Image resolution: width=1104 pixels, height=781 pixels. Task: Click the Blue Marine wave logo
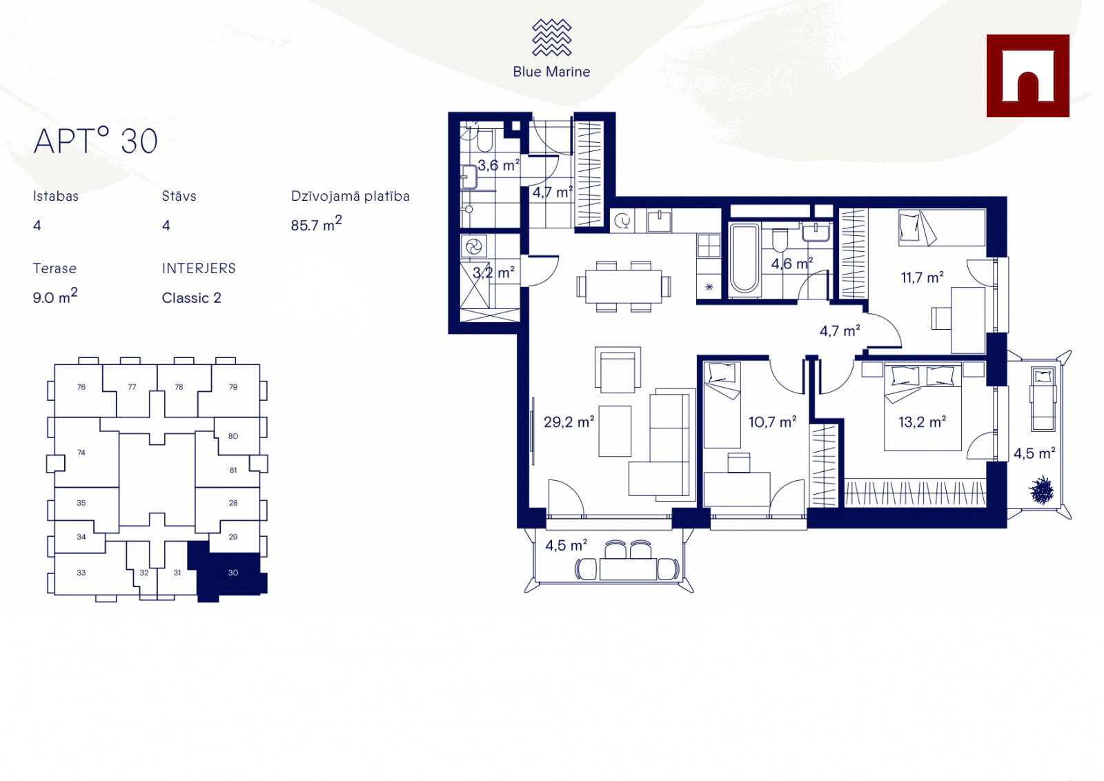point(551,37)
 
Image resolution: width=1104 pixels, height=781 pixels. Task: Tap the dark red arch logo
point(1027,76)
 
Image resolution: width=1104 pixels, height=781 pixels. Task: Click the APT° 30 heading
point(96,141)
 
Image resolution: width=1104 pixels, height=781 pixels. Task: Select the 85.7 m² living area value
point(316,224)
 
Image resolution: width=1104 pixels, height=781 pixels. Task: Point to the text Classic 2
point(191,298)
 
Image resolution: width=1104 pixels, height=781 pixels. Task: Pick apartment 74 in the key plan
point(81,453)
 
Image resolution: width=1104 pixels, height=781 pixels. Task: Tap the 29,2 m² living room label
point(569,422)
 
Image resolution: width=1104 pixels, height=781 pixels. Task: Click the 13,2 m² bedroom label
point(922,422)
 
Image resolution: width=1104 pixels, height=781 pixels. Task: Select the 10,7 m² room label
point(772,422)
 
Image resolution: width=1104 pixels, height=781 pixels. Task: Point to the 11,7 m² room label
point(922,277)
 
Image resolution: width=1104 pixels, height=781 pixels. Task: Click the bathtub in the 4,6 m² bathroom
point(745,259)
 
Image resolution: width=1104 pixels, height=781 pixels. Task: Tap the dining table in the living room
point(624,286)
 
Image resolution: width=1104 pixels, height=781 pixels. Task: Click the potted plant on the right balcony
point(1042,490)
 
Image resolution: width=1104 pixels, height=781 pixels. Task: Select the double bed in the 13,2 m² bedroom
point(923,406)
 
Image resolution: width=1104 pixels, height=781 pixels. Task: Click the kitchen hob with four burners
point(709,246)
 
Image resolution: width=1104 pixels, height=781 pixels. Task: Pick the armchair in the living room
point(618,370)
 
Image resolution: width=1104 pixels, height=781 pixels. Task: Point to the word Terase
point(55,268)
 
